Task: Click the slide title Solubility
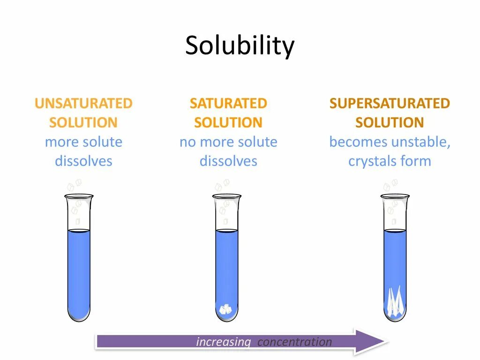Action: point(240,46)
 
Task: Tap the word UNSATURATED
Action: point(83,103)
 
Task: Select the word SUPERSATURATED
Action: point(390,103)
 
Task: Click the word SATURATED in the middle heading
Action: point(228,103)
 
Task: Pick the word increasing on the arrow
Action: point(224,342)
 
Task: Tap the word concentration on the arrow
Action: point(294,342)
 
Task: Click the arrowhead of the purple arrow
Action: point(371,341)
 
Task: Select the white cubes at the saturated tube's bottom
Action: point(226,309)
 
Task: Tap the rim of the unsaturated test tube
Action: point(79,196)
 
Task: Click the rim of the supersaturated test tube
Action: point(395,196)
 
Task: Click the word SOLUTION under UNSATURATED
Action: point(83,123)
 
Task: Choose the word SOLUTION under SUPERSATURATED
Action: point(390,123)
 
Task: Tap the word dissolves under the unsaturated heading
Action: point(83,161)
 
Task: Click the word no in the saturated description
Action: point(187,142)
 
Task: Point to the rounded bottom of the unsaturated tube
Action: point(79,316)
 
